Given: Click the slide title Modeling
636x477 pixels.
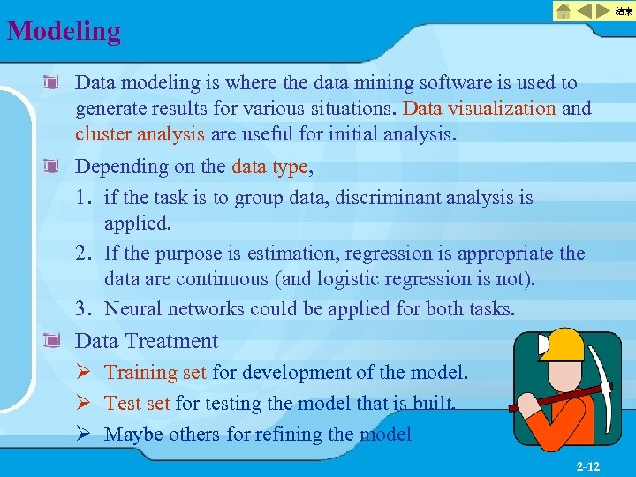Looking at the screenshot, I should [x=64, y=31].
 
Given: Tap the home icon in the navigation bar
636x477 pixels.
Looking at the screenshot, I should [x=563, y=11].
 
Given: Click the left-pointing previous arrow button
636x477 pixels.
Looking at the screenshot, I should [x=585, y=11].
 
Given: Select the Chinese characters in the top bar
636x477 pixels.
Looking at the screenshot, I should [x=623, y=11].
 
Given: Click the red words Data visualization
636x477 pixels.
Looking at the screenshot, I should [x=480, y=109].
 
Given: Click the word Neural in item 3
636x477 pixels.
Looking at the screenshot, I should [x=132, y=309].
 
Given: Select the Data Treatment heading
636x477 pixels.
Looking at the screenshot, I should [x=147, y=341].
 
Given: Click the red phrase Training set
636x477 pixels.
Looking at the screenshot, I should [x=155, y=372].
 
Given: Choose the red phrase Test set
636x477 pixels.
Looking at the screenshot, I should [x=137, y=404].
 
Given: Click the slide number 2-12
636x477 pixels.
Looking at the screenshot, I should [x=587, y=466].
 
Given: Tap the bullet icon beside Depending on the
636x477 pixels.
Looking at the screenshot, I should [x=54, y=166].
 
